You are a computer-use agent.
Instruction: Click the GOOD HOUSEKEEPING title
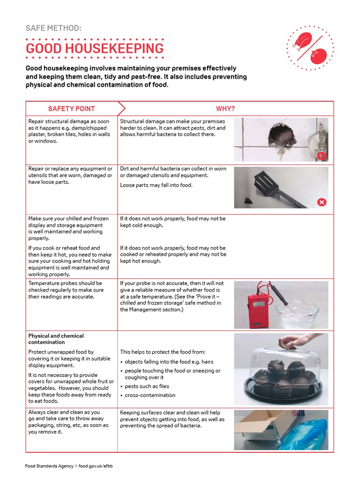95,48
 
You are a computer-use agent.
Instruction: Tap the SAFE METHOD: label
53,29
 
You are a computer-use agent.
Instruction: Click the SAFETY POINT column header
71,109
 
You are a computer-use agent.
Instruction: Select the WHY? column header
225,109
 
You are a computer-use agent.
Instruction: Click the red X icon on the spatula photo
322,202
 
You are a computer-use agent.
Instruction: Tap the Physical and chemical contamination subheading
56,339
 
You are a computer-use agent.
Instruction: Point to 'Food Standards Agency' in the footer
49,466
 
